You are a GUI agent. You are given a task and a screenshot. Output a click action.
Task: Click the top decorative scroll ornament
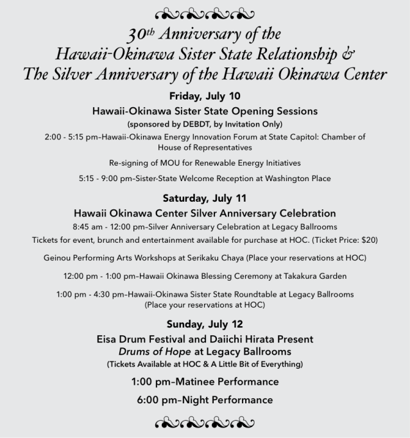(x=205, y=12)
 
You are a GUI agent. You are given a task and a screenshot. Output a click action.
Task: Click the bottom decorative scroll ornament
(x=205, y=423)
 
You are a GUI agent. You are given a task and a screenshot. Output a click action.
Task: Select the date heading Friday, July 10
(x=205, y=96)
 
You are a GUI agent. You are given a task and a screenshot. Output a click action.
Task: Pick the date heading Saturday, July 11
(x=205, y=198)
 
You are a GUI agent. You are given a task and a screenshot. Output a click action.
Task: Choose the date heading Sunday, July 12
(x=205, y=323)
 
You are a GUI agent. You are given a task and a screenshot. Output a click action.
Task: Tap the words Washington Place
(x=295, y=178)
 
